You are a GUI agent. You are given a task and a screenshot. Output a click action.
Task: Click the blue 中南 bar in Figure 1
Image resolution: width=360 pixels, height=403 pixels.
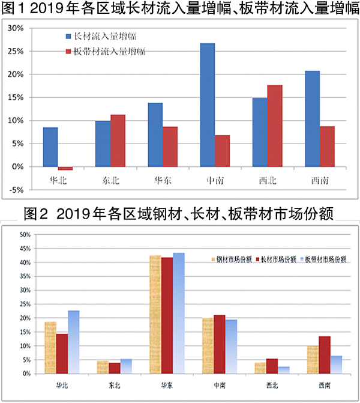(x=207, y=105)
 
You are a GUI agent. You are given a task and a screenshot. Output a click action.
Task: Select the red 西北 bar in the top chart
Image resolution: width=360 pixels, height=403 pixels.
(x=274, y=126)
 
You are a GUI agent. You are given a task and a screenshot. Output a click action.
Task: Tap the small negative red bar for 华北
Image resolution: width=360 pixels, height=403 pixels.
(x=65, y=168)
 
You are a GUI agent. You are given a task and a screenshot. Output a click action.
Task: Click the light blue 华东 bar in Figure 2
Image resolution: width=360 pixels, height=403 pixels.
(x=178, y=313)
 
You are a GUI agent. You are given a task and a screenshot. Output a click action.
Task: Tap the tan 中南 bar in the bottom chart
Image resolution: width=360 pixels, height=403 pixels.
(x=208, y=346)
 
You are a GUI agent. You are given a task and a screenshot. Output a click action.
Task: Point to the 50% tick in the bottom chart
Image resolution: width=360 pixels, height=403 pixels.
(x=23, y=234)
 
